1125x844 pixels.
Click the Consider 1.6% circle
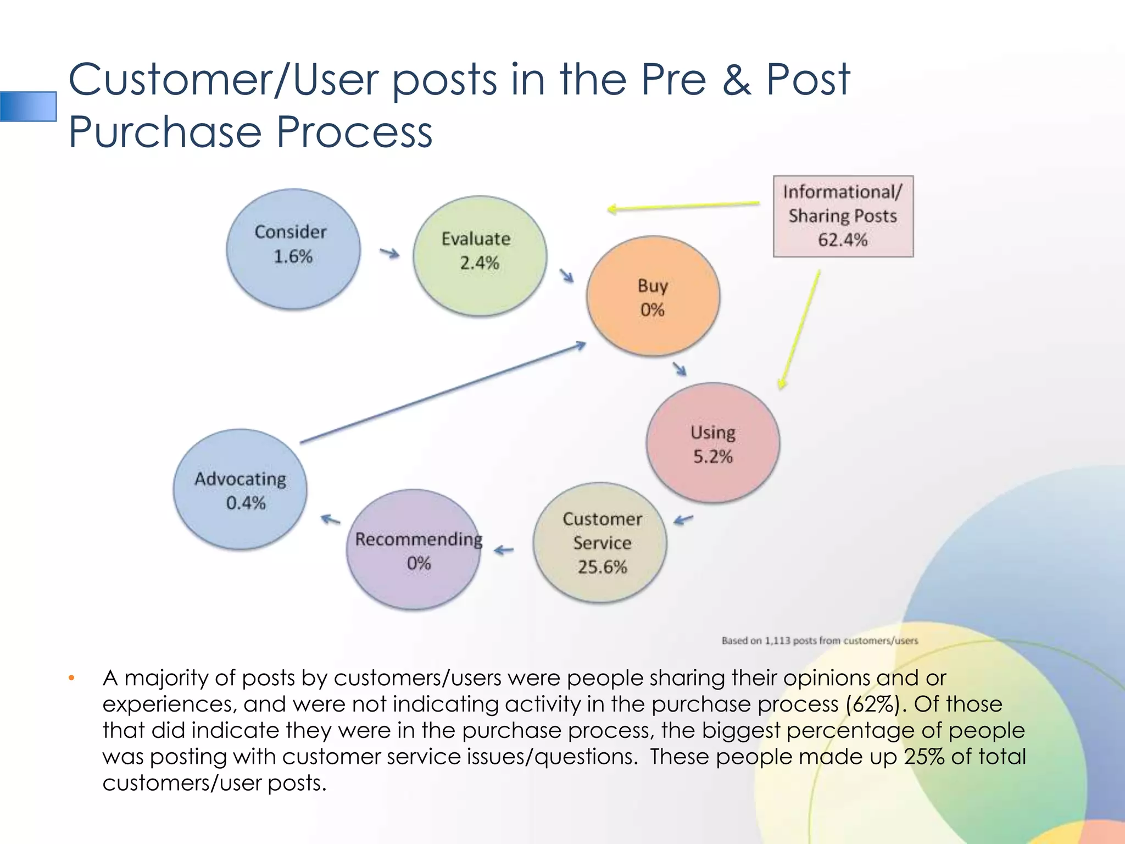(293, 249)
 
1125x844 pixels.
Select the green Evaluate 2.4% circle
(480, 256)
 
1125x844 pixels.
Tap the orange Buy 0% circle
(653, 296)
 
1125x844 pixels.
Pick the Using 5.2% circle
(712, 443)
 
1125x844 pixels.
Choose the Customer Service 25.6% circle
(600, 543)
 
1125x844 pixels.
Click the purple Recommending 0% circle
(414, 549)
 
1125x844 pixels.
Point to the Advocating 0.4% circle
(240, 489)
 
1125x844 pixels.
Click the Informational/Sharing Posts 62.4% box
(843, 216)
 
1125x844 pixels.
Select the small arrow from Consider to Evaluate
(389, 253)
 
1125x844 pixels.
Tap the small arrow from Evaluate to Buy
(566, 275)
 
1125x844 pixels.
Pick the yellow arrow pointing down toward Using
(800, 330)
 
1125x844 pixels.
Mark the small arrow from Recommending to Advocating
(330, 519)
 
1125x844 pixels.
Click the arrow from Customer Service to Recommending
(504, 549)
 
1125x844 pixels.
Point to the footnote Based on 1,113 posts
(819, 641)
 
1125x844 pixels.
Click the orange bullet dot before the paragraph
(71, 678)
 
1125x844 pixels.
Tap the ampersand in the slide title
(737, 80)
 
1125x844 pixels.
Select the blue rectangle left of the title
(29, 106)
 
